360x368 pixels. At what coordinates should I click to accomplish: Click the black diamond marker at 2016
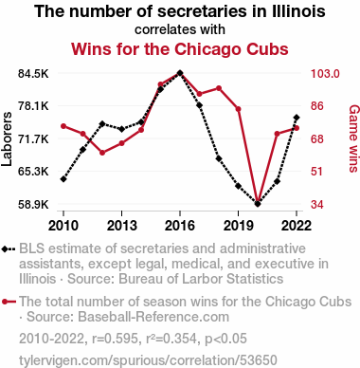pyautogui.click(x=180, y=73)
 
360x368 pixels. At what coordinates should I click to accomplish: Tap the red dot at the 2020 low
pyautogui.click(x=258, y=202)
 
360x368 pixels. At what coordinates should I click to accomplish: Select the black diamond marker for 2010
pyautogui.click(x=63, y=179)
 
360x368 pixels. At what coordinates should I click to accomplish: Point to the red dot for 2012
pyautogui.click(x=102, y=153)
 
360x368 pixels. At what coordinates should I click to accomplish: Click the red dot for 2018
pyautogui.click(x=219, y=88)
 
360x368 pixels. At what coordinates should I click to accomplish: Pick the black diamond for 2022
pyautogui.click(x=297, y=118)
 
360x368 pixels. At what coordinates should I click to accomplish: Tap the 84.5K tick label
pyautogui.click(x=33, y=74)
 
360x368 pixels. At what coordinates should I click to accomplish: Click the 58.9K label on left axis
pyautogui.click(x=33, y=205)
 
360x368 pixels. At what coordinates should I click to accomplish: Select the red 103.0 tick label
pyautogui.click(x=325, y=74)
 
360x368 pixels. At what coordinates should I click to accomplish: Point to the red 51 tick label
pyautogui.click(x=317, y=172)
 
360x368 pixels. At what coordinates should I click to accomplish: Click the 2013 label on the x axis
pyautogui.click(x=122, y=226)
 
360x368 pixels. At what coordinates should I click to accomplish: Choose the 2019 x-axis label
pyautogui.click(x=239, y=226)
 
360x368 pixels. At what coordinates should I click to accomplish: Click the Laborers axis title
pyautogui.click(x=7, y=138)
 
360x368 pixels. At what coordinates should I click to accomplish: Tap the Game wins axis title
pyautogui.click(x=353, y=138)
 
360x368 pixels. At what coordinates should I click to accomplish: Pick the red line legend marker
pyautogui.click(x=9, y=302)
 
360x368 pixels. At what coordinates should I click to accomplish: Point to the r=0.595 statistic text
pyautogui.click(x=115, y=339)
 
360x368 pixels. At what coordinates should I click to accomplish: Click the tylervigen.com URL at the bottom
pyautogui.click(x=148, y=360)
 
